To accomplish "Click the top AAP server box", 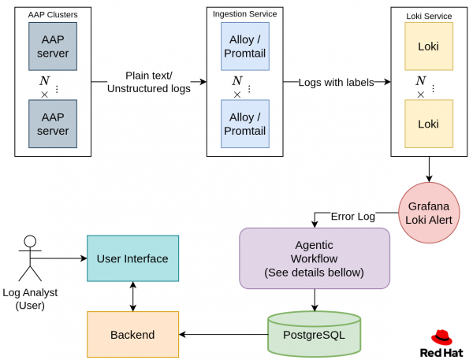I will pyautogui.click(x=53, y=46).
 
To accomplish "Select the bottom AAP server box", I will pyautogui.click(x=53, y=124).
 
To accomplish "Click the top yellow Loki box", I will pyautogui.click(x=428, y=46).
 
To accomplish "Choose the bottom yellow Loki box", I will pyautogui.click(x=428, y=124).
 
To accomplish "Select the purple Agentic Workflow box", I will pyautogui.click(x=315, y=258).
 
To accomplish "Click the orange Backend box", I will pyautogui.click(x=132, y=334).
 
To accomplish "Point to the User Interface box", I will pyautogui.click(x=132, y=258).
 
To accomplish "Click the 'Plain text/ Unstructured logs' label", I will pyautogui.click(x=148, y=82).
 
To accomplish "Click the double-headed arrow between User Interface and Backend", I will pyautogui.click(x=132, y=296).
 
